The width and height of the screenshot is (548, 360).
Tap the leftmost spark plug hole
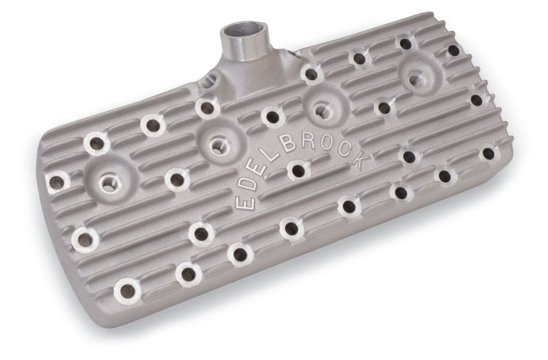tap(108, 183)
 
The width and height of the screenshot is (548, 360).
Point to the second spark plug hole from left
tap(219, 144)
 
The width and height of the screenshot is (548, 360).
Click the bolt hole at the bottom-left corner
tap(127, 290)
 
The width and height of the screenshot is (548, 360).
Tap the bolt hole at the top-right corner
tap(453, 50)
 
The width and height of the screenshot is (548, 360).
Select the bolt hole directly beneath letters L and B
tap(297, 169)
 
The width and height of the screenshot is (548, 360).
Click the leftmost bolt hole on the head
tap(56, 181)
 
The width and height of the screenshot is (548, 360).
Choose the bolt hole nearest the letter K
tap(408, 157)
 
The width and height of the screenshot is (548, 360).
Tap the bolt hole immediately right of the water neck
tap(312, 73)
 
